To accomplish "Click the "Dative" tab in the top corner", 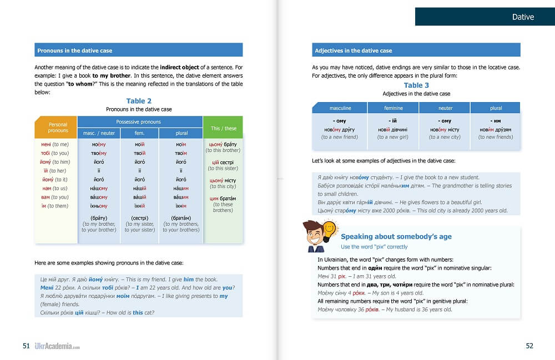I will (522, 17).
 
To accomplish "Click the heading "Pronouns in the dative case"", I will (74, 50).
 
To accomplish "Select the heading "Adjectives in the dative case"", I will (353, 50).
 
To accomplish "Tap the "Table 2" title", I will (139, 101).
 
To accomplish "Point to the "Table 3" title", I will (416, 85).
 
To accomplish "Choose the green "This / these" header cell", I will (223, 128).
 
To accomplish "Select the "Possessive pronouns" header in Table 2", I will (138, 121).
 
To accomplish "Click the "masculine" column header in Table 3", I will (340, 108).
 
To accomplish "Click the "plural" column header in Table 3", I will (496, 108).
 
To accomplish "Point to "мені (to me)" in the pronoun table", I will (51, 144).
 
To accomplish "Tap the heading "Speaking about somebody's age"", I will (396, 236).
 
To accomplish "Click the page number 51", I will (26, 346).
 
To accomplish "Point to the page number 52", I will (529, 346).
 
